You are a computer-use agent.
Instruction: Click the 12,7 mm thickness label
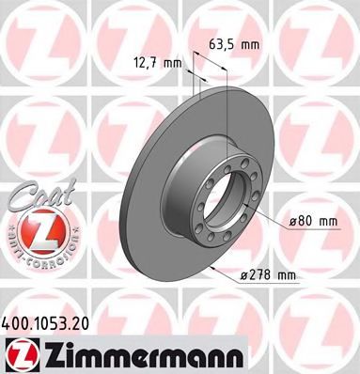[x=154, y=64]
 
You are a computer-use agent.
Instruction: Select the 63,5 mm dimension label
[x=230, y=44]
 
